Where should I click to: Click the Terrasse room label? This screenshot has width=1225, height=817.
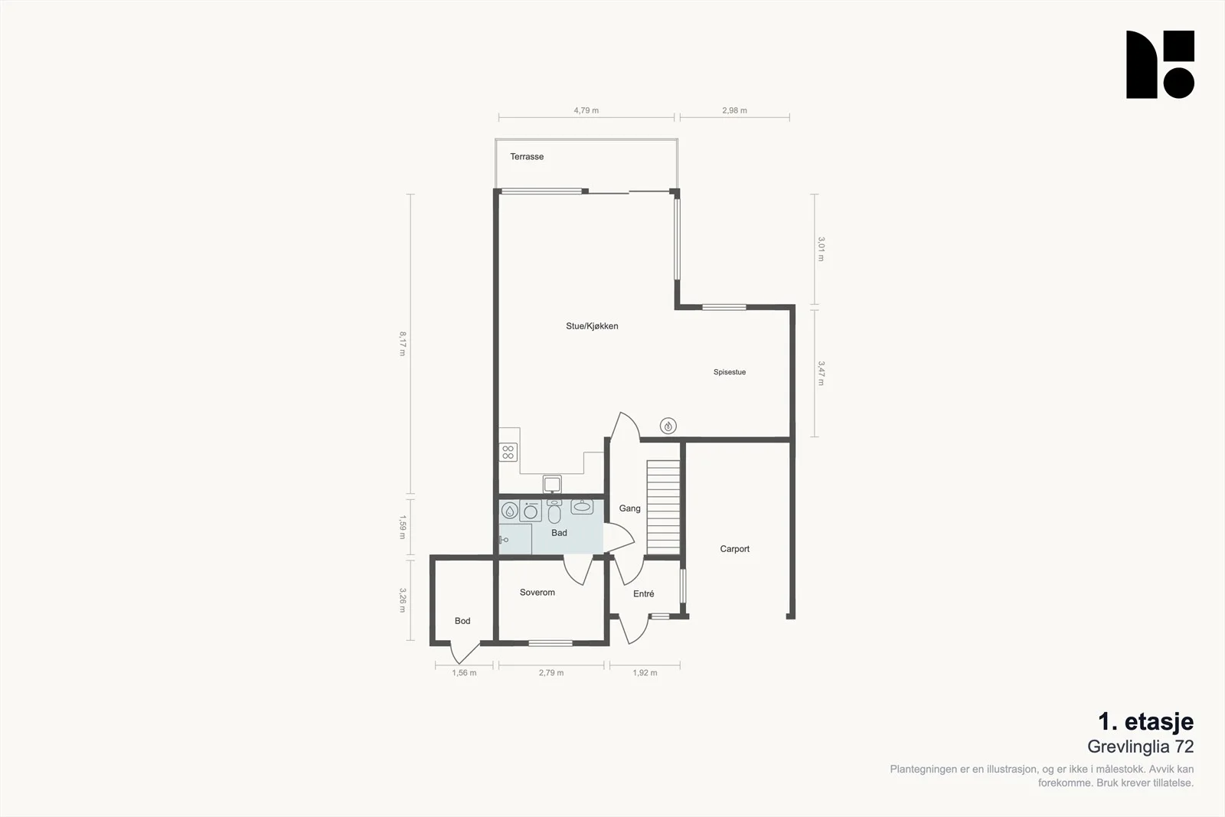click(527, 156)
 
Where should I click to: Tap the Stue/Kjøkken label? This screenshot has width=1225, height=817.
click(592, 326)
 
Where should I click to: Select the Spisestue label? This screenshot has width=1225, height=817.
click(730, 372)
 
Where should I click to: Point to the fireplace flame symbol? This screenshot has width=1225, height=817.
click(668, 426)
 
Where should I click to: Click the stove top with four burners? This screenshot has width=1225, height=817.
click(508, 453)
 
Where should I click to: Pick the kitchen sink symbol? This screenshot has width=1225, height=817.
click(552, 484)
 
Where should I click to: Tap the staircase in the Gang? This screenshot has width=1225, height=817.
click(663, 508)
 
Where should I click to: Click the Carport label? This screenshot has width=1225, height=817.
click(734, 548)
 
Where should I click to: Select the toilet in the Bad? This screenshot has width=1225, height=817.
click(554, 511)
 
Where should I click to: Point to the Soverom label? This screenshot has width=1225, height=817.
click(537, 592)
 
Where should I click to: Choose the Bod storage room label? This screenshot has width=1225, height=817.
click(462, 621)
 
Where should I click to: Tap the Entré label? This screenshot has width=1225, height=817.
click(644, 593)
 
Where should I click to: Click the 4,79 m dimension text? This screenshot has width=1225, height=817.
click(586, 110)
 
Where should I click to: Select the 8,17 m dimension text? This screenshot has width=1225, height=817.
click(403, 344)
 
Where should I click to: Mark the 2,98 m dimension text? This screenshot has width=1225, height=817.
click(734, 110)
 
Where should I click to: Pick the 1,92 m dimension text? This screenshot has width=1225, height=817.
click(645, 672)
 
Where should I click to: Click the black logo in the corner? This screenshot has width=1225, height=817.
click(1160, 64)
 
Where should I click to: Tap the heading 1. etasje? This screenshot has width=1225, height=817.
click(1145, 721)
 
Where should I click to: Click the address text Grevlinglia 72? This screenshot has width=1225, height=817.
click(1140, 747)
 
